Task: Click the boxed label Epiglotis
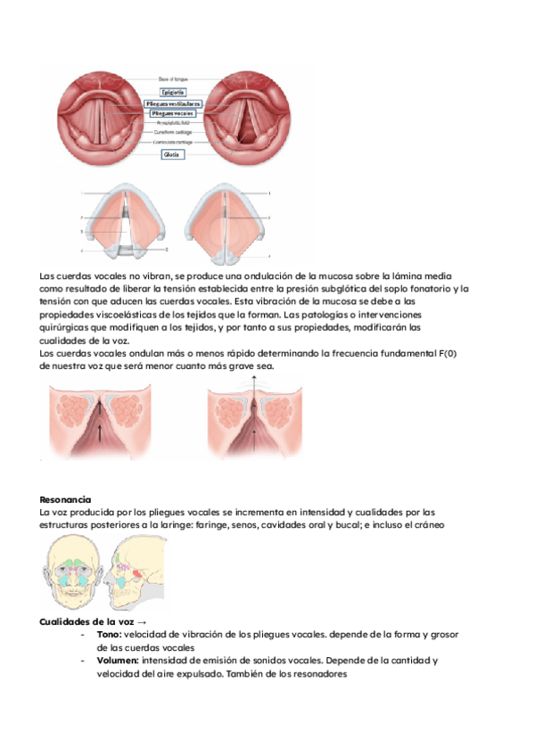pyautogui.click(x=172, y=91)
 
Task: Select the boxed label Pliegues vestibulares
pyautogui.click(x=172, y=103)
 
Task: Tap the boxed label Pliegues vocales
pyautogui.click(x=172, y=114)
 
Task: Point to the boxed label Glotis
pyautogui.click(x=171, y=154)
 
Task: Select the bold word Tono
pyautogui.click(x=109, y=634)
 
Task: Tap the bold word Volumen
pyautogui.click(x=119, y=661)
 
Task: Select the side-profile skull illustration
pyautogui.click(x=136, y=577)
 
